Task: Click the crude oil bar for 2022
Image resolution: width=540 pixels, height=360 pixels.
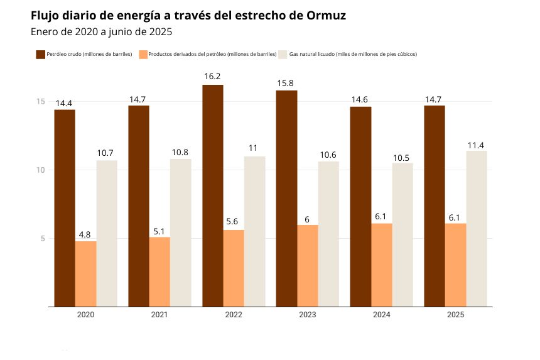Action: pyautogui.click(x=213, y=195)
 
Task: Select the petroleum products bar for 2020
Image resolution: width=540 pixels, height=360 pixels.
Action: pyautogui.click(x=86, y=273)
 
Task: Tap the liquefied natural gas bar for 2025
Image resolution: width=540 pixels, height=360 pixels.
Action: pyautogui.click(x=477, y=229)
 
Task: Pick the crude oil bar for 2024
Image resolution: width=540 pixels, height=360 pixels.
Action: pyautogui.click(x=360, y=207)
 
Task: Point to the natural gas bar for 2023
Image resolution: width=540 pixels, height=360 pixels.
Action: pyautogui.click(x=328, y=234)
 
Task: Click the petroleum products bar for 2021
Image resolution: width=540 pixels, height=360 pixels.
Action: pyautogui.click(x=159, y=271)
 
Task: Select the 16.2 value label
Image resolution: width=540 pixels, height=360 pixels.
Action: pyautogui.click(x=212, y=77)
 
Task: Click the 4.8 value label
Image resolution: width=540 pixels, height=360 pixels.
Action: pyautogui.click(x=85, y=234)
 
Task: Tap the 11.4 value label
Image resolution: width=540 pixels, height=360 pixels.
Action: pyautogui.click(x=476, y=146)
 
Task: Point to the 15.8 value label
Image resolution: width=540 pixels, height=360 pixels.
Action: pyautogui.click(x=286, y=83)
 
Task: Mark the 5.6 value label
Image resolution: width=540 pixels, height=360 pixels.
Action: pyautogui.click(x=234, y=222)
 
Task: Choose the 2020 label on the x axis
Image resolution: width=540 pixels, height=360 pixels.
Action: pyautogui.click(x=85, y=314)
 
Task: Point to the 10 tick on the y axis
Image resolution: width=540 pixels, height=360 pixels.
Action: pyautogui.click(x=40, y=170)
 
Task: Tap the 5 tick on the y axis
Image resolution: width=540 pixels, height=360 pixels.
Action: pyautogui.click(x=42, y=239)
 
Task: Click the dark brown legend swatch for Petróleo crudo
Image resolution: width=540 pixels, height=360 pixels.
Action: pyautogui.click(x=40, y=55)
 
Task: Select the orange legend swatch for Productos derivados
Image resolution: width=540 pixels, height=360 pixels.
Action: pyautogui.click(x=143, y=55)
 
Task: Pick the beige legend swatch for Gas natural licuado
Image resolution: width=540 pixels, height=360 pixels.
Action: pyautogui.click(x=283, y=55)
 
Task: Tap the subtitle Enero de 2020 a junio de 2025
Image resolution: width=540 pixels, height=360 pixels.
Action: pyautogui.click(x=101, y=31)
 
